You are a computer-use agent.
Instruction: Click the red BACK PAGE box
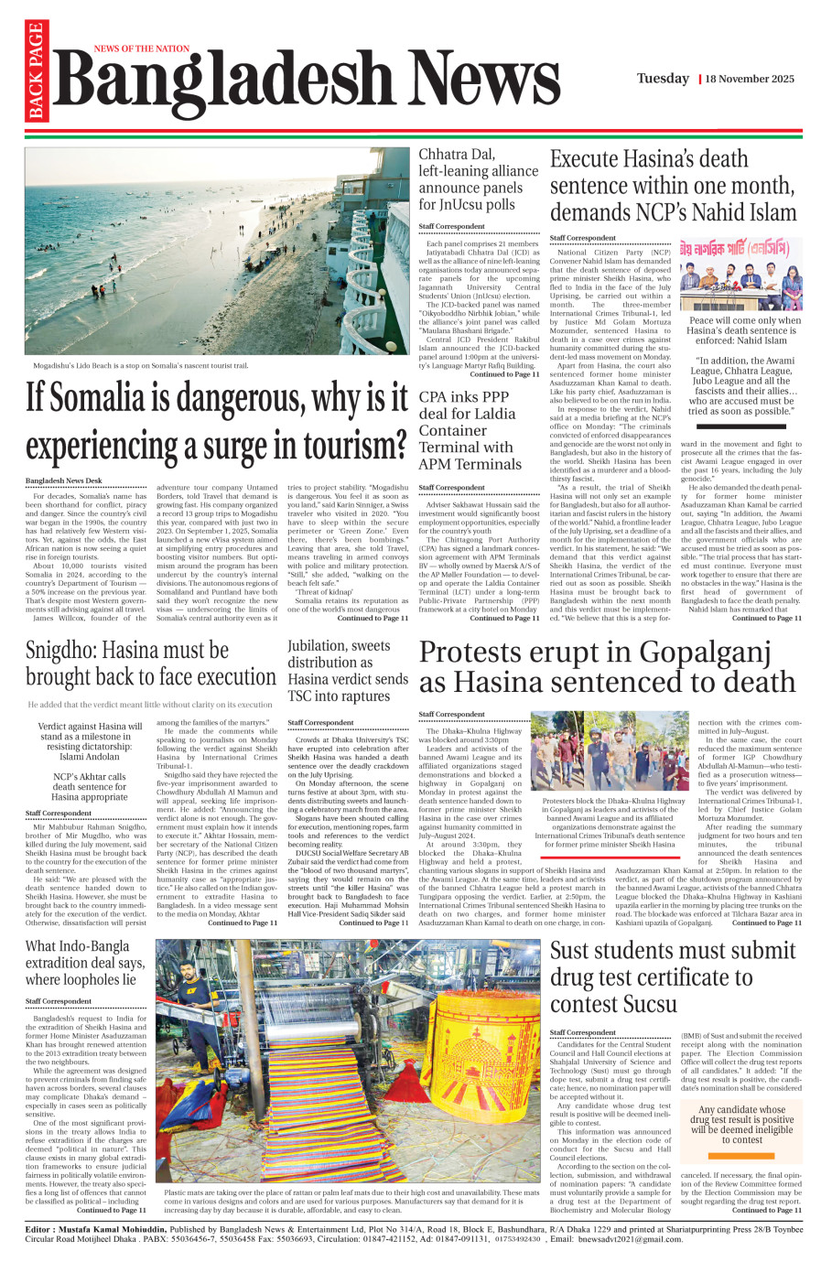(x=36, y=71)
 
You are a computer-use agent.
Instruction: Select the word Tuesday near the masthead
(x=663, y=79)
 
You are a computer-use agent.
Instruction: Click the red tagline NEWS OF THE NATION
(x=141, y=49)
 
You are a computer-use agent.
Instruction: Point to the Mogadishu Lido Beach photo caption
(x=136, y=365)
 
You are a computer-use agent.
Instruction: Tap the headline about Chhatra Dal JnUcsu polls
(x=478, y=179)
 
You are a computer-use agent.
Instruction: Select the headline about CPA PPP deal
(x=470, y=430)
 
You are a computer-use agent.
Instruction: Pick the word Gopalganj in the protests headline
(x=716, y=653)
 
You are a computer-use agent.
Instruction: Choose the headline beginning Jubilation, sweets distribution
(x=348, y=670)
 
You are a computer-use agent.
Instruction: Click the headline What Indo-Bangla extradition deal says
(x=84, y=962)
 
